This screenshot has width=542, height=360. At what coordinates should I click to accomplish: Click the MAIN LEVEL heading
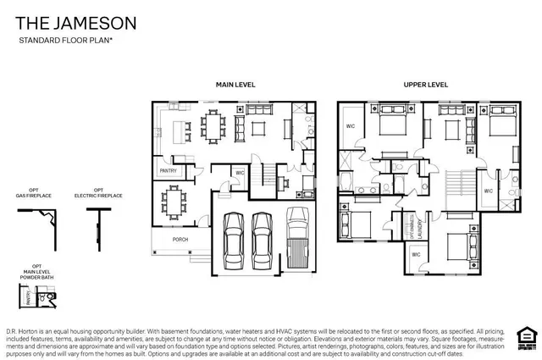point(235,85)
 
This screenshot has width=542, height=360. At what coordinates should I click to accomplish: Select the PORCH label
point(180,239)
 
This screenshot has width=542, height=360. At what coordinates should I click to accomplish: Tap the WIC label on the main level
point(240,173)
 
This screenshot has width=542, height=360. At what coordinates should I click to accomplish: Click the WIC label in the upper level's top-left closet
point(350,126)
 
